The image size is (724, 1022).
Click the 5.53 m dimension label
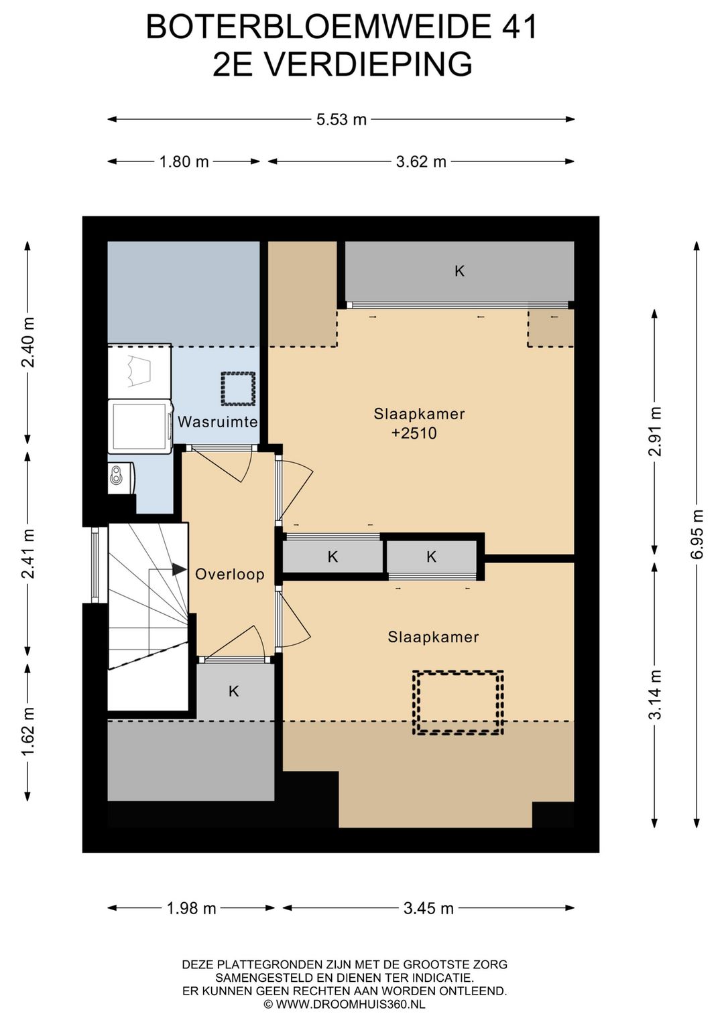coord(341,119)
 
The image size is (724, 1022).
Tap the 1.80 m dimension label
coord(184,161)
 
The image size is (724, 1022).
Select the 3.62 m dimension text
coord(421,161)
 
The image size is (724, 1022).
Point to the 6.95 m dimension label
coord(697,534)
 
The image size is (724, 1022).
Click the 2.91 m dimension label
coord(656,431)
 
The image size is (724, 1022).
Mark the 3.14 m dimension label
coord(656,695)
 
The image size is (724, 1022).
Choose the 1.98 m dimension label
coord(191,908)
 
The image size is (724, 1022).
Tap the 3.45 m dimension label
coord(428,908)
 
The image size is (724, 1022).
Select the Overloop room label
coord(230,574)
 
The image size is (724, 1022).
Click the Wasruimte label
coord(217,421)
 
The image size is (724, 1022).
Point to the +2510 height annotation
coord(414,433)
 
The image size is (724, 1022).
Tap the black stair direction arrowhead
coord(180,569)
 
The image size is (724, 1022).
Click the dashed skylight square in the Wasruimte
coord(238,388)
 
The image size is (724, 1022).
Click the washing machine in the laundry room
coord(140,426)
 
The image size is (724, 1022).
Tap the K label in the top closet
coord(459,271)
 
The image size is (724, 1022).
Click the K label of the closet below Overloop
coord(233,691)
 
